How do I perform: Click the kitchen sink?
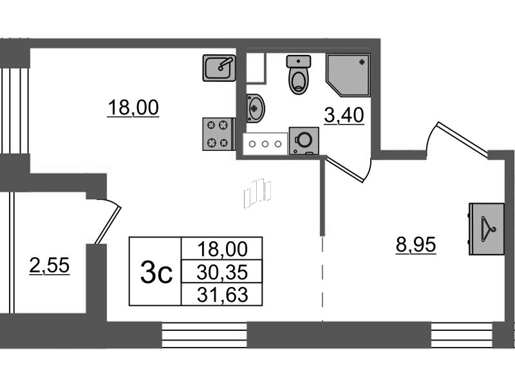coord(219,68)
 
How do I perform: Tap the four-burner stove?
coord(219,134)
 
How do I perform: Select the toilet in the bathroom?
coord(299,74)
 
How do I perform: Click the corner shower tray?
coord(348,75)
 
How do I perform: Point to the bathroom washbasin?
coord(255,108)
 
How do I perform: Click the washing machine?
coord(304,141)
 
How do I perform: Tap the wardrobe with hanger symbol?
coord(487,229)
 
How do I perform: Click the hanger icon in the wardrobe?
coord(488,229)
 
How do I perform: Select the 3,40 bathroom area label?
coord(344,115)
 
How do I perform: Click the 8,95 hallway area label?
coord(416,244)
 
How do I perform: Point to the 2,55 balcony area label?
coord(50,265)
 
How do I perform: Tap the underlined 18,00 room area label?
coord(133,108)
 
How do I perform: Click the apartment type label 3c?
coord(156,272)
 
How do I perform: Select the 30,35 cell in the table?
coord(222,272)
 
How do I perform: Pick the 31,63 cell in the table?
coord(222,295)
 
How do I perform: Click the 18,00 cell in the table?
coord(222,249)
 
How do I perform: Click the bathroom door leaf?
coord(344,170)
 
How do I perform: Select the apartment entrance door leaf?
coord(462,139)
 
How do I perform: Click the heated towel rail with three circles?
coord(265,144)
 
